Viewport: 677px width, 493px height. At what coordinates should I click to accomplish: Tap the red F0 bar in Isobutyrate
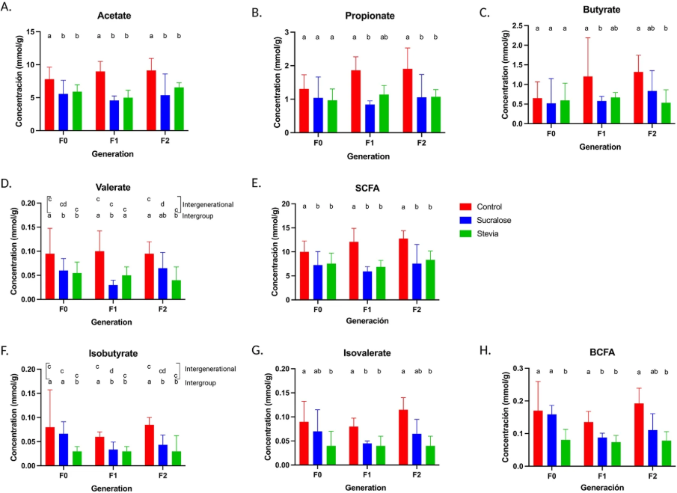pos(49,446)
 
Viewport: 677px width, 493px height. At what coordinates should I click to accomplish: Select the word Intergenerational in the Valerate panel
pos(209,204)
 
